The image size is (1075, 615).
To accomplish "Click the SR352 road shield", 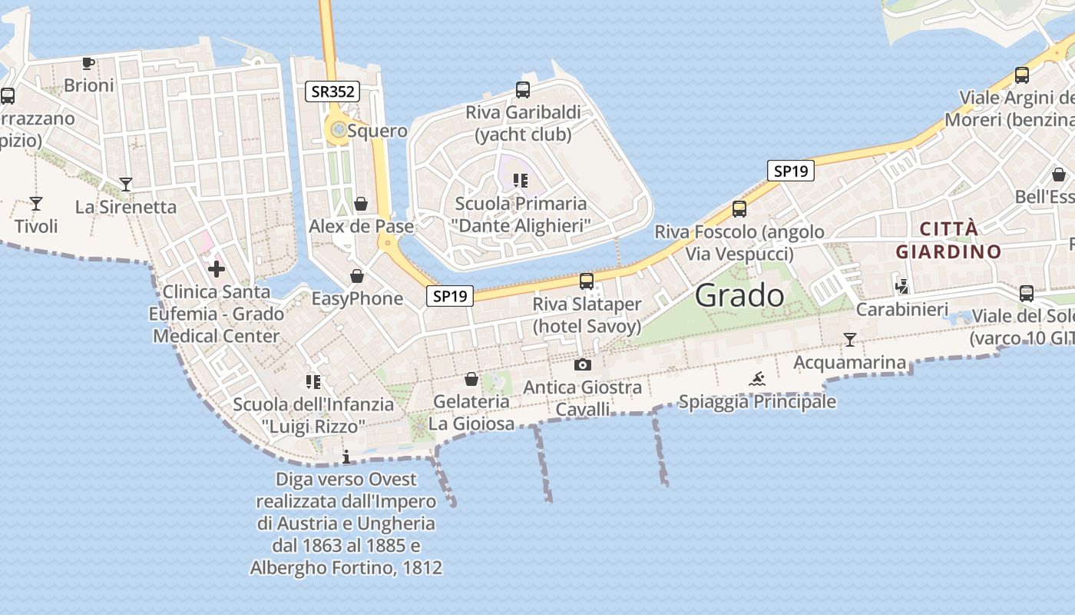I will pyautogui.click(x=332, y=91).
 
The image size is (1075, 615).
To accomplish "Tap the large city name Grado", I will pyautogui.click(x=739, y=296).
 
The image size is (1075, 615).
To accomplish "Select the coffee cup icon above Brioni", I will pyautogui.click(x=88, y=63).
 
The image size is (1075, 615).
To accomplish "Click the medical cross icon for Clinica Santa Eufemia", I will pyautogui.click(x=217, y=268).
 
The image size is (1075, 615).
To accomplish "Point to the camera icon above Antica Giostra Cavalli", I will pyautogui.click(x=583, y=364).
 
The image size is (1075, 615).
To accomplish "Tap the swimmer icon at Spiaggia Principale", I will pyautogui.click(x=757, y=378).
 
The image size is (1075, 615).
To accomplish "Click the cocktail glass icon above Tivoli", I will pyautogui.click(x=36, y=204).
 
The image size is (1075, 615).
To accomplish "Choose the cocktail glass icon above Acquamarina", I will pyautogui.click(x=849, y=339).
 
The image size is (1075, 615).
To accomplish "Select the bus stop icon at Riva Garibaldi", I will pyautogui.click(x=523, y=89).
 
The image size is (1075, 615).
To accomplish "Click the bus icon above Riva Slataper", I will pyautogui.click(x=587, y=281).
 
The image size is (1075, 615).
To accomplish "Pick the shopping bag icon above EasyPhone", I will pyautogui.click(x=357, y=276).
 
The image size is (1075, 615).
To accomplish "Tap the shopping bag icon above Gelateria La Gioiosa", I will pyautogui.click(x=471, y=379).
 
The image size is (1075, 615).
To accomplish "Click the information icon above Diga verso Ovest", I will pyautogui.click(x=346, y=457).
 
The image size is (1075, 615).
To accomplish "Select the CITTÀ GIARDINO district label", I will pyautogui.click(x=948, y=240).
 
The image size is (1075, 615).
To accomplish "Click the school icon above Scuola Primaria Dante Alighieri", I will pyautogui.click(x=521, y=181).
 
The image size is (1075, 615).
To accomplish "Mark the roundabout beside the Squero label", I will pyautogui.click(x=337, y=130).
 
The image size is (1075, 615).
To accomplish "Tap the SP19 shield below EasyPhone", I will pyautogui.click(x=449, y=295).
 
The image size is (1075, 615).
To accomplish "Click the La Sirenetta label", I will pyautogui.click(x=126, y=207).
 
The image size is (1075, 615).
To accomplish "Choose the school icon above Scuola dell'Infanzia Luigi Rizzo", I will pyautogui.click(x=313, y=381).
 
